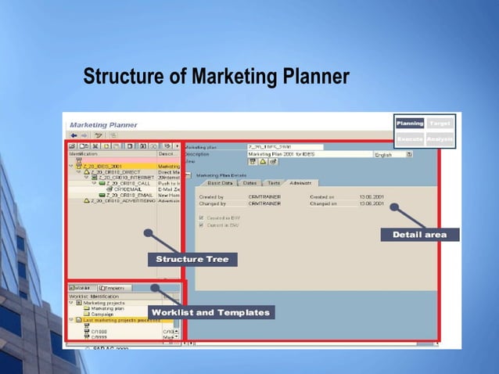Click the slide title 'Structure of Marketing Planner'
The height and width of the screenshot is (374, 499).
point(216,78)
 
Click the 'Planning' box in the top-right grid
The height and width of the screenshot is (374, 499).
point(410,124)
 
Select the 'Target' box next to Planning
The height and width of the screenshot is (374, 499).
point(440,124)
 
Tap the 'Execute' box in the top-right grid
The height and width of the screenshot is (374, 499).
point(410,138)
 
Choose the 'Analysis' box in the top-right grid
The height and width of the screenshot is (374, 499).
point(440,138)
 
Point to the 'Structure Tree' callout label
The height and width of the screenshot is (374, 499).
point(192,259)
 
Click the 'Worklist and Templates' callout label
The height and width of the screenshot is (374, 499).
point(210,312)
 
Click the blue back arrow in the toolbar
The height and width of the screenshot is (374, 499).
point(74,135)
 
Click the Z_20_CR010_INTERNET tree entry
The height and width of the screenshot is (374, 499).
point(126,178)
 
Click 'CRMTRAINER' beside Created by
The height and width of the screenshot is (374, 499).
point(264,196)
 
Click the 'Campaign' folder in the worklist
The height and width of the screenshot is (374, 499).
point(102,315)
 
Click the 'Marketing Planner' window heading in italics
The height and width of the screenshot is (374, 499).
point(103,124)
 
